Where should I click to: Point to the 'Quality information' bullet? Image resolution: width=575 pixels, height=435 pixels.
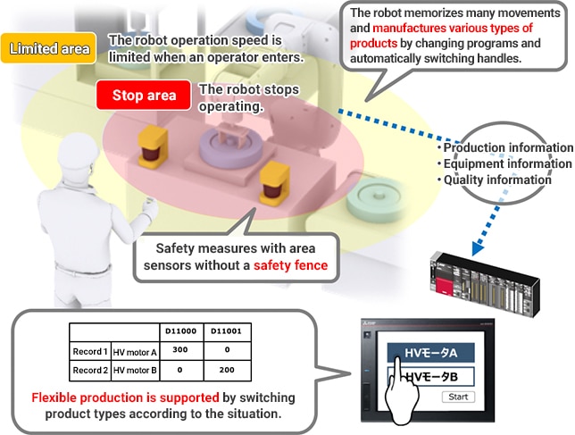497,180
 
